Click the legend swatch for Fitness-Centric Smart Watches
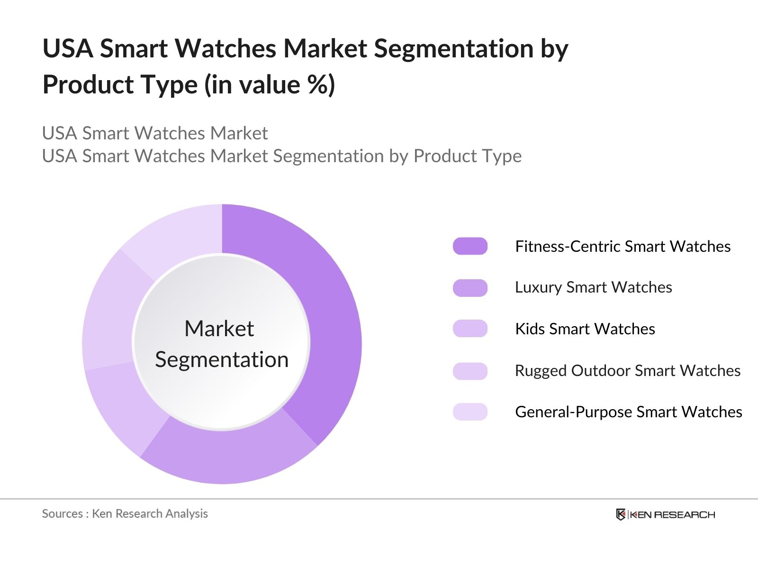(470, 246)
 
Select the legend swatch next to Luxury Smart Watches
(470, 287)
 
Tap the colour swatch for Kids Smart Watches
(470, 329)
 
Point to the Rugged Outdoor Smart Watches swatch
(470, 371)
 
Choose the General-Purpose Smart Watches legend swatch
(470, 412)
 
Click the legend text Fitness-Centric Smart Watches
(623, 247)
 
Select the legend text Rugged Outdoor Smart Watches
(627, 371)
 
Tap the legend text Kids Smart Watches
(585, 329)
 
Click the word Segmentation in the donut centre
(222, 359)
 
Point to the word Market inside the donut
(219, 329)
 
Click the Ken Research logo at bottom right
(665, 514)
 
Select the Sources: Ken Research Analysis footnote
(125, 514)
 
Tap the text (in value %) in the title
(270, 85)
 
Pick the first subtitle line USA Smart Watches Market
(155, 133)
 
